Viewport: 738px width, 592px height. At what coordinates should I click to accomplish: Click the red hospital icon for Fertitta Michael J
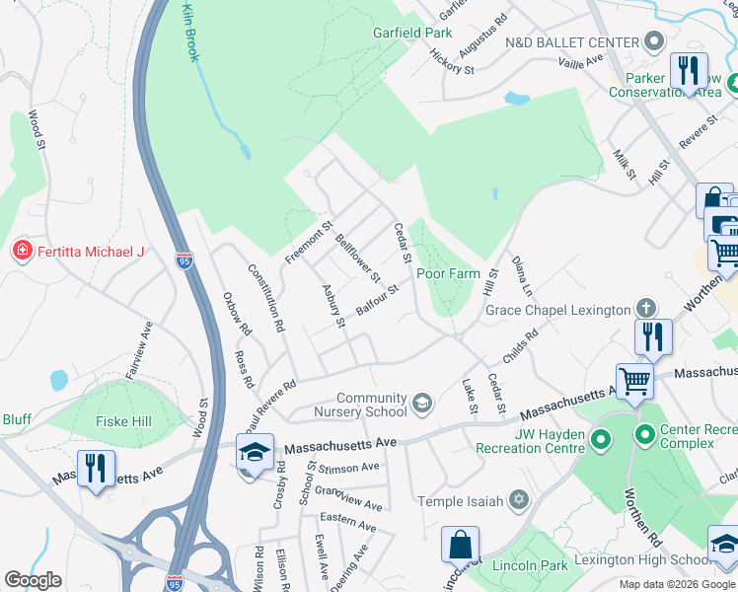coord(20,252)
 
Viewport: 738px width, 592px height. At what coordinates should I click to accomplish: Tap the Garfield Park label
coord(411,33)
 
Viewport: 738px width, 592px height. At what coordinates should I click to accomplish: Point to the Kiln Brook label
coord(189,32)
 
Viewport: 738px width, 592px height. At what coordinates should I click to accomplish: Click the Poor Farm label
coord(447,273)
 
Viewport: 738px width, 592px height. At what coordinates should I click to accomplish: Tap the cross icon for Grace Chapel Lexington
coord(646,309)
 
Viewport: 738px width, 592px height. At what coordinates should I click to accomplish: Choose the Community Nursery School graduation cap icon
coord(423,401)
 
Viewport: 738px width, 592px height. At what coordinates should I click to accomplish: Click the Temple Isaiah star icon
coord(518,502)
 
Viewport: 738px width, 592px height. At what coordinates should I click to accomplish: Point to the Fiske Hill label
coord(123,421)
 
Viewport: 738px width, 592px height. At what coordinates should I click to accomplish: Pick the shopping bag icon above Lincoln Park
coord(460,544)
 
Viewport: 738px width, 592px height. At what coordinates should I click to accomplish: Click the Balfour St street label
coord(376,300)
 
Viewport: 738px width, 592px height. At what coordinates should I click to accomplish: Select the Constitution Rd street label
coord(266,297)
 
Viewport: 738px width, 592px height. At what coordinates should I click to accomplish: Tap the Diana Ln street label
coord(521,277)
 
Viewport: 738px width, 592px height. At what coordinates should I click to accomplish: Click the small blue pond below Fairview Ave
coord(59,380)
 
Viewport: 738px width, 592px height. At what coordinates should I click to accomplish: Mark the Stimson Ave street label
coord(350,467)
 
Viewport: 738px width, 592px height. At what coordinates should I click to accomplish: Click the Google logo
coord(33,580)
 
